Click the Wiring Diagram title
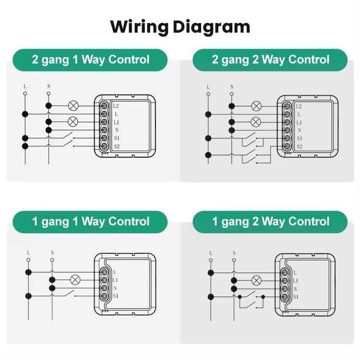[180, 26]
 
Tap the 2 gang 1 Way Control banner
[91, 60]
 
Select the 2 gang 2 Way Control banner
[271, 60]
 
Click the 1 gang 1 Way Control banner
[91, 222]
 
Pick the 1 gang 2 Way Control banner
[271, 222]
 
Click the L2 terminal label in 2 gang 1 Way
[117, 105]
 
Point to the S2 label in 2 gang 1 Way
[117, 147]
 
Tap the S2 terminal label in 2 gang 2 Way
[300, 147]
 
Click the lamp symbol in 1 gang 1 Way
[75, 280]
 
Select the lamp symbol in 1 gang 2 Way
[256, 280]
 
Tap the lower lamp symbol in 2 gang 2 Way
[256, 122]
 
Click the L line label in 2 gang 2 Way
[208, 87]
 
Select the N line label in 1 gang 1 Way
[52, 253]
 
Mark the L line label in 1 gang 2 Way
[211, 253]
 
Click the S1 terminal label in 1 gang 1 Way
[116, 297]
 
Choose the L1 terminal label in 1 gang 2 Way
[296, 280]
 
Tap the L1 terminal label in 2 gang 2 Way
[299, 122]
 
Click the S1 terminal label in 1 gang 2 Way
[296, 297]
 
